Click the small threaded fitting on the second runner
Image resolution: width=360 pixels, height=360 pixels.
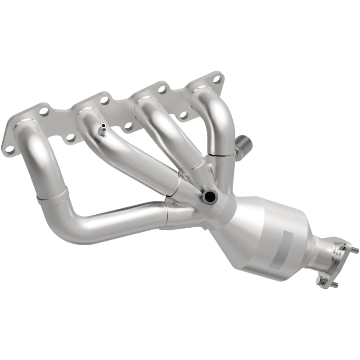pyautogui.click(x=102, y=131)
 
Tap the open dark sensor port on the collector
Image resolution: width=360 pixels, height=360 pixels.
pyautogui.click(x=208, y=196)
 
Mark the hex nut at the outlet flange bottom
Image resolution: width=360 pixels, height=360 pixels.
pyautogui.click(x=320, y=281)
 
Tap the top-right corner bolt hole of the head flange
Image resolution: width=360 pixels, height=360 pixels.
pyautogui.click(x=217, y=80)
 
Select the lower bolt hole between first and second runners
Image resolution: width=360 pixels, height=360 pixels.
pyautogui.click(x=70, y=137)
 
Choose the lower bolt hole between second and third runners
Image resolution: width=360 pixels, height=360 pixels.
pyautogui.click(x=128, y=127)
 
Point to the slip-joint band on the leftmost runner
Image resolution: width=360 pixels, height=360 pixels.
pyautogui.click(x=53, y=197)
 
